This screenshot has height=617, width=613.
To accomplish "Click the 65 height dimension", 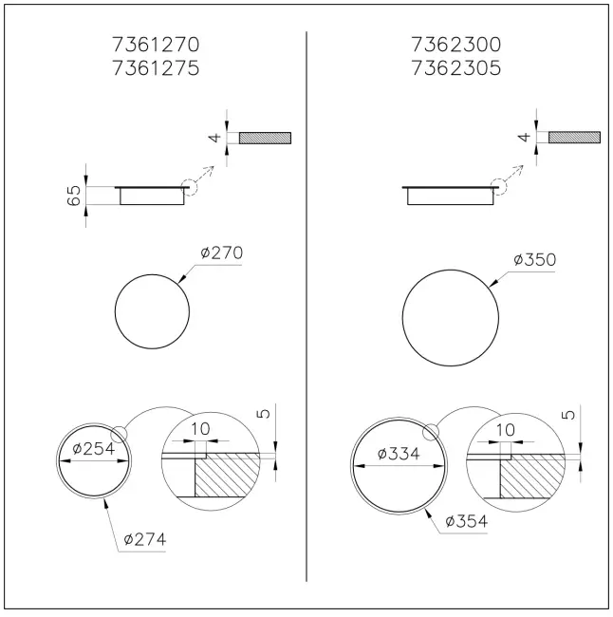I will [x=74, y=196].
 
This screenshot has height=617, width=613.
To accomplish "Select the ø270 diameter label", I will [x=221, y=253].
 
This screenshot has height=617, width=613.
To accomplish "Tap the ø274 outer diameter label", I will [x=144, y=539].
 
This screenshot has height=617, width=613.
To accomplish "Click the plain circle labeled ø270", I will [x=151, y=314].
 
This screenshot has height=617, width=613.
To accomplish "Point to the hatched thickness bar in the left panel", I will [x=265, y=138].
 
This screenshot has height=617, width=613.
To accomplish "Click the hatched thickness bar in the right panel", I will [x=574, y=138].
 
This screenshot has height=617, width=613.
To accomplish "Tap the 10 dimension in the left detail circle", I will [x=200, y=430].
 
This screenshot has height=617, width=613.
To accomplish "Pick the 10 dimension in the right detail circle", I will [x=505, y=430].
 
